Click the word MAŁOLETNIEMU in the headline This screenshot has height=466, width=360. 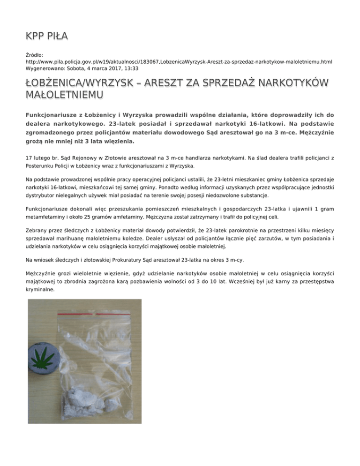point(64,96)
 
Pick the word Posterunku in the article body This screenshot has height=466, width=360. point(41,166)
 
